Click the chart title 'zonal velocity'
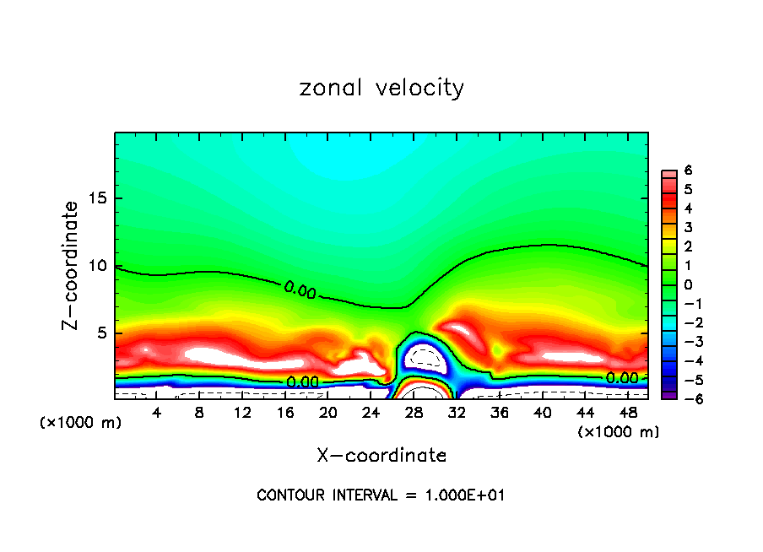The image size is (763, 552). coord(381,88)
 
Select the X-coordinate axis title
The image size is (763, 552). coord(381,455)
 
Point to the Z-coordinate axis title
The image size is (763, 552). coord(72,265)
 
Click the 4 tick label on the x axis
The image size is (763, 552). coord(156,412)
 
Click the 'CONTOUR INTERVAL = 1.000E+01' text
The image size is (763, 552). coord(381,495)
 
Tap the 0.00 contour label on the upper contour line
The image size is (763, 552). coord(300,290)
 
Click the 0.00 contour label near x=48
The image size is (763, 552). coord(622,378)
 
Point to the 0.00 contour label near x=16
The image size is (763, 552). coord(302,382)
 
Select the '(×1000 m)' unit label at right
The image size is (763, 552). coord(619,431)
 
